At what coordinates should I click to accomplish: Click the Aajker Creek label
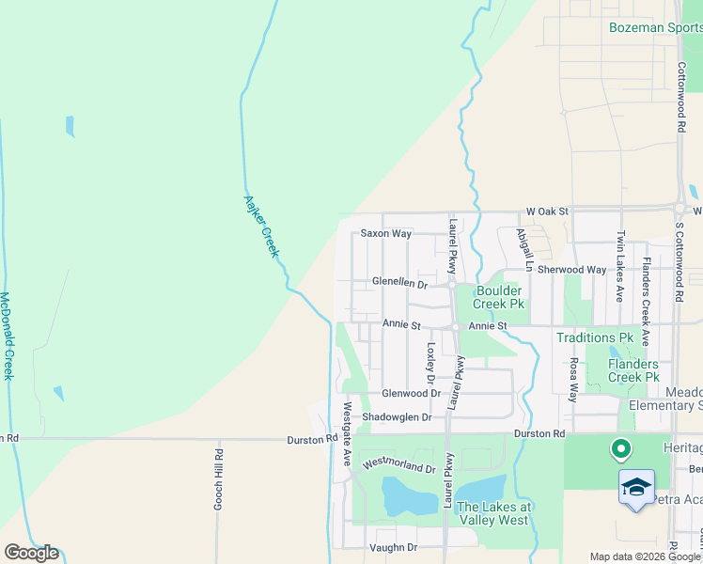tap(262, 226)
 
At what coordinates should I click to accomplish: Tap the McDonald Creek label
tap(7, 335)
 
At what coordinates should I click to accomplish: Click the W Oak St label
tap(548, 212)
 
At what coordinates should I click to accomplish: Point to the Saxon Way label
tap(386, 233)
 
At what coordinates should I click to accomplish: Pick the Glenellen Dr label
tap(399, 283)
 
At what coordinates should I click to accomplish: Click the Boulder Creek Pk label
tap(500, 297)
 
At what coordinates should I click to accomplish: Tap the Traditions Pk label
tap(595, 337)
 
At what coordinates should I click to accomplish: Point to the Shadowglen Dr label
tap(397, 417)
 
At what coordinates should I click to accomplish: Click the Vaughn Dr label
tap(393, 547)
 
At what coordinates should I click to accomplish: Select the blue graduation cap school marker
tap(636, 488)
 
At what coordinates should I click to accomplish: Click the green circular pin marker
tap(619, 450)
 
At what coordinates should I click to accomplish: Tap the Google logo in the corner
tap(31, 553)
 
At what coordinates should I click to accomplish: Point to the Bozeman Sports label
tap(654, 28)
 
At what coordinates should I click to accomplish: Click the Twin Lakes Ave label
tap(620, 266)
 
